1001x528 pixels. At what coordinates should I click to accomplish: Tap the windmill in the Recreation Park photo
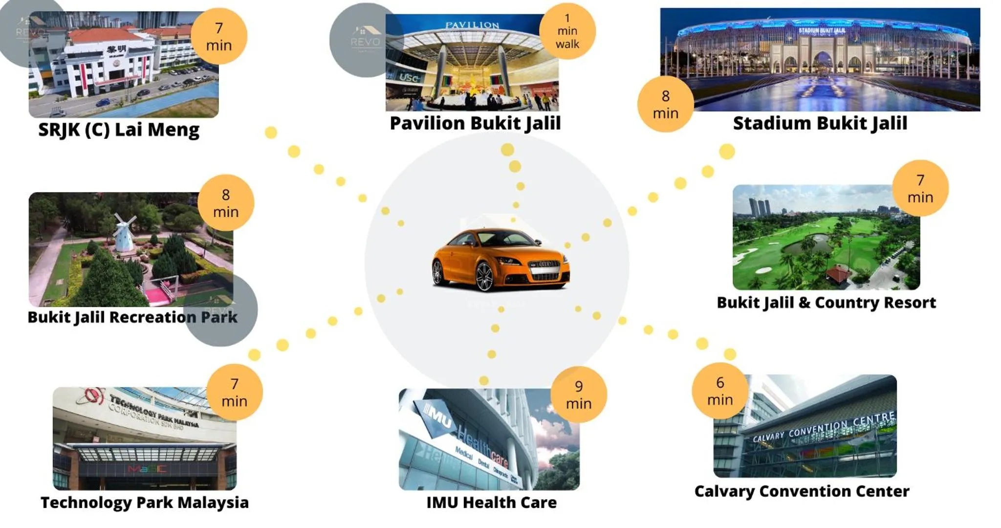[x=124, y=232]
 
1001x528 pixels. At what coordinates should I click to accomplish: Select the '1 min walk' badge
[x=567, y=31]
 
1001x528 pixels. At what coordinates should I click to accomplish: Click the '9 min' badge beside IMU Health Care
[x=579, y=395]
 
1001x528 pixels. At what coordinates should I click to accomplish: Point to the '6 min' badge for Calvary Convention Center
[x=720, y=391]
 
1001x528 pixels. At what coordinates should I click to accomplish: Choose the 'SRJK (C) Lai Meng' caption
[x=119, y=130]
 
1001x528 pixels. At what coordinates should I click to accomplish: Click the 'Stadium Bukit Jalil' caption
[x=820, y=123]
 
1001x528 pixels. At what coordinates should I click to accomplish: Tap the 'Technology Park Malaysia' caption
[x=145, y=502]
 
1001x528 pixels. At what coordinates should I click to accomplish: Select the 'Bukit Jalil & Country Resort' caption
[x=826, y=303]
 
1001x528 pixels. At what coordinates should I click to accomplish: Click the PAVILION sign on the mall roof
[x=472, y=25]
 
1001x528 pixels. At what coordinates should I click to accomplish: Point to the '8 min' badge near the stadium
[x=665, y=104]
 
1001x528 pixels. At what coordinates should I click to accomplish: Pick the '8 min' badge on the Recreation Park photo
[x=225, y=203]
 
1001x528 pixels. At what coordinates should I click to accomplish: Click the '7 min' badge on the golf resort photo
[x=920, y=188]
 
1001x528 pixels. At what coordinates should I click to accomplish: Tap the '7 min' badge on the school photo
[x=218, y=36]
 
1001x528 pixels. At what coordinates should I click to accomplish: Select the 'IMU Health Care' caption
[x=491, y=502]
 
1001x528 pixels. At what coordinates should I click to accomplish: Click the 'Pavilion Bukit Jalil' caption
[x=475, y=123]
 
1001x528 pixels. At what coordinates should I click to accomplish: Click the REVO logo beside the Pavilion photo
[x=365, y=40]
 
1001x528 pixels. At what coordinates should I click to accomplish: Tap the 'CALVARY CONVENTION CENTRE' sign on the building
[x=824, y=427]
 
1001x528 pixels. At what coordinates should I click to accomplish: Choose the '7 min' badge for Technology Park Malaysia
[x=234, y=392]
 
